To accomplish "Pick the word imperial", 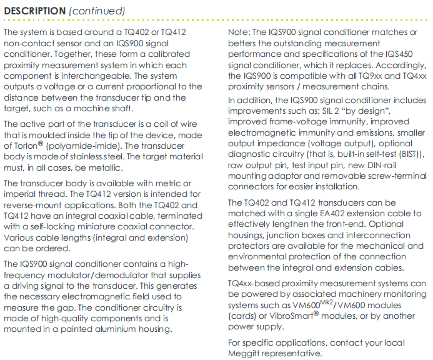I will pos(22,194).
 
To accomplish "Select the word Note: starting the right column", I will pos(239,32).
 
